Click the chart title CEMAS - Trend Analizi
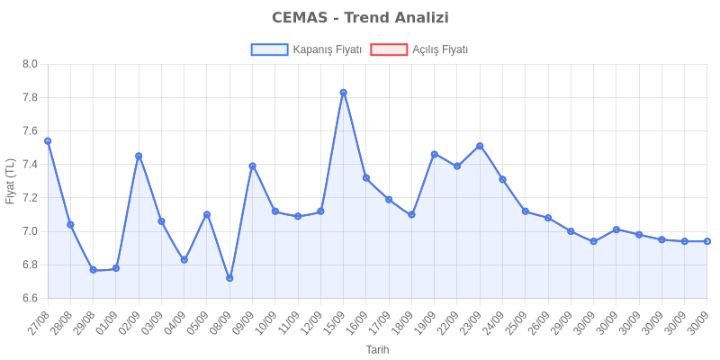[x=360, y=18]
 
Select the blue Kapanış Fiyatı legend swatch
[x=269, y=50]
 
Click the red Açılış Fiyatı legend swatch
[x=389, y=50]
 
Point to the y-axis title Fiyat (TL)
[x=11, y=181]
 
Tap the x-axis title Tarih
[x=377, y=349]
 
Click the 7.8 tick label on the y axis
[x=30, y=97]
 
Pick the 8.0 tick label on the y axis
[x=30, y=64]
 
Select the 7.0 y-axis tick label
[x=30, y=231]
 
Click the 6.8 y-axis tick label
[x=30, y=265]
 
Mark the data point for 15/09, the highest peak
[x=343, y=92]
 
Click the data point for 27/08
[x=48, y=141]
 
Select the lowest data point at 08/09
[x=229, y=277]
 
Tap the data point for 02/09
[x=139, y=156]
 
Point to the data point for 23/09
[x=480, y=146]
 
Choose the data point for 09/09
[x=252, y=166]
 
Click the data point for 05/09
[x=207, y=214]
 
